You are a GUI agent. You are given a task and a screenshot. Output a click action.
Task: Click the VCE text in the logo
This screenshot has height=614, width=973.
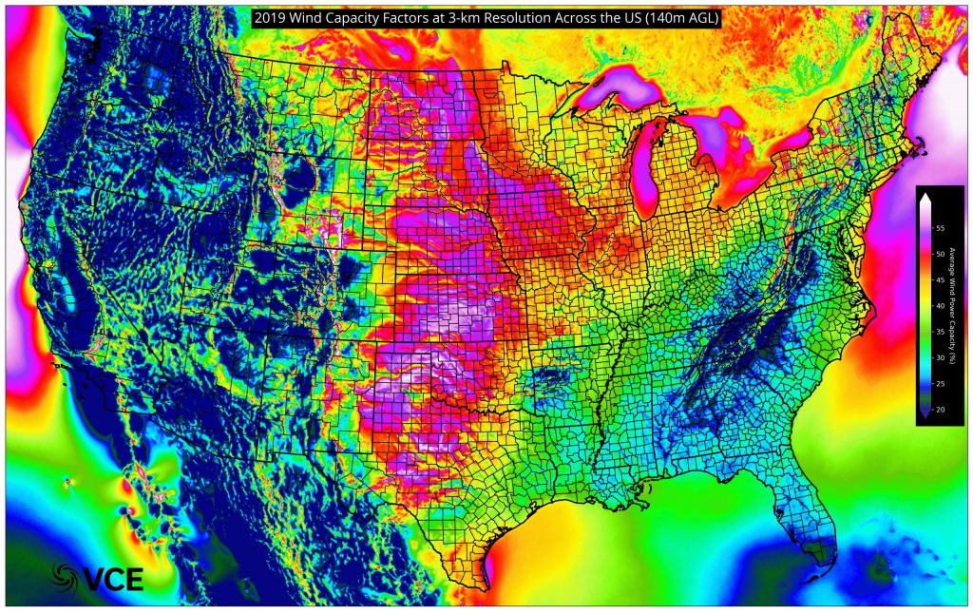coord(112,577)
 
